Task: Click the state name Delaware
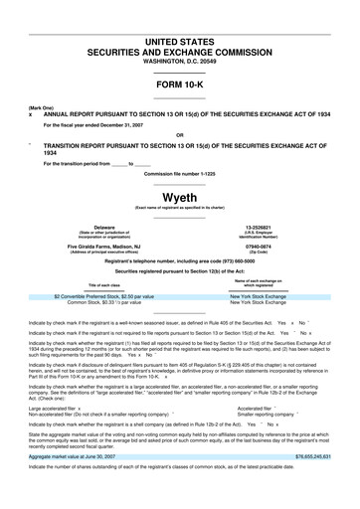103,228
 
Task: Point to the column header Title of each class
103,284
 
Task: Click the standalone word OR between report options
179,134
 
